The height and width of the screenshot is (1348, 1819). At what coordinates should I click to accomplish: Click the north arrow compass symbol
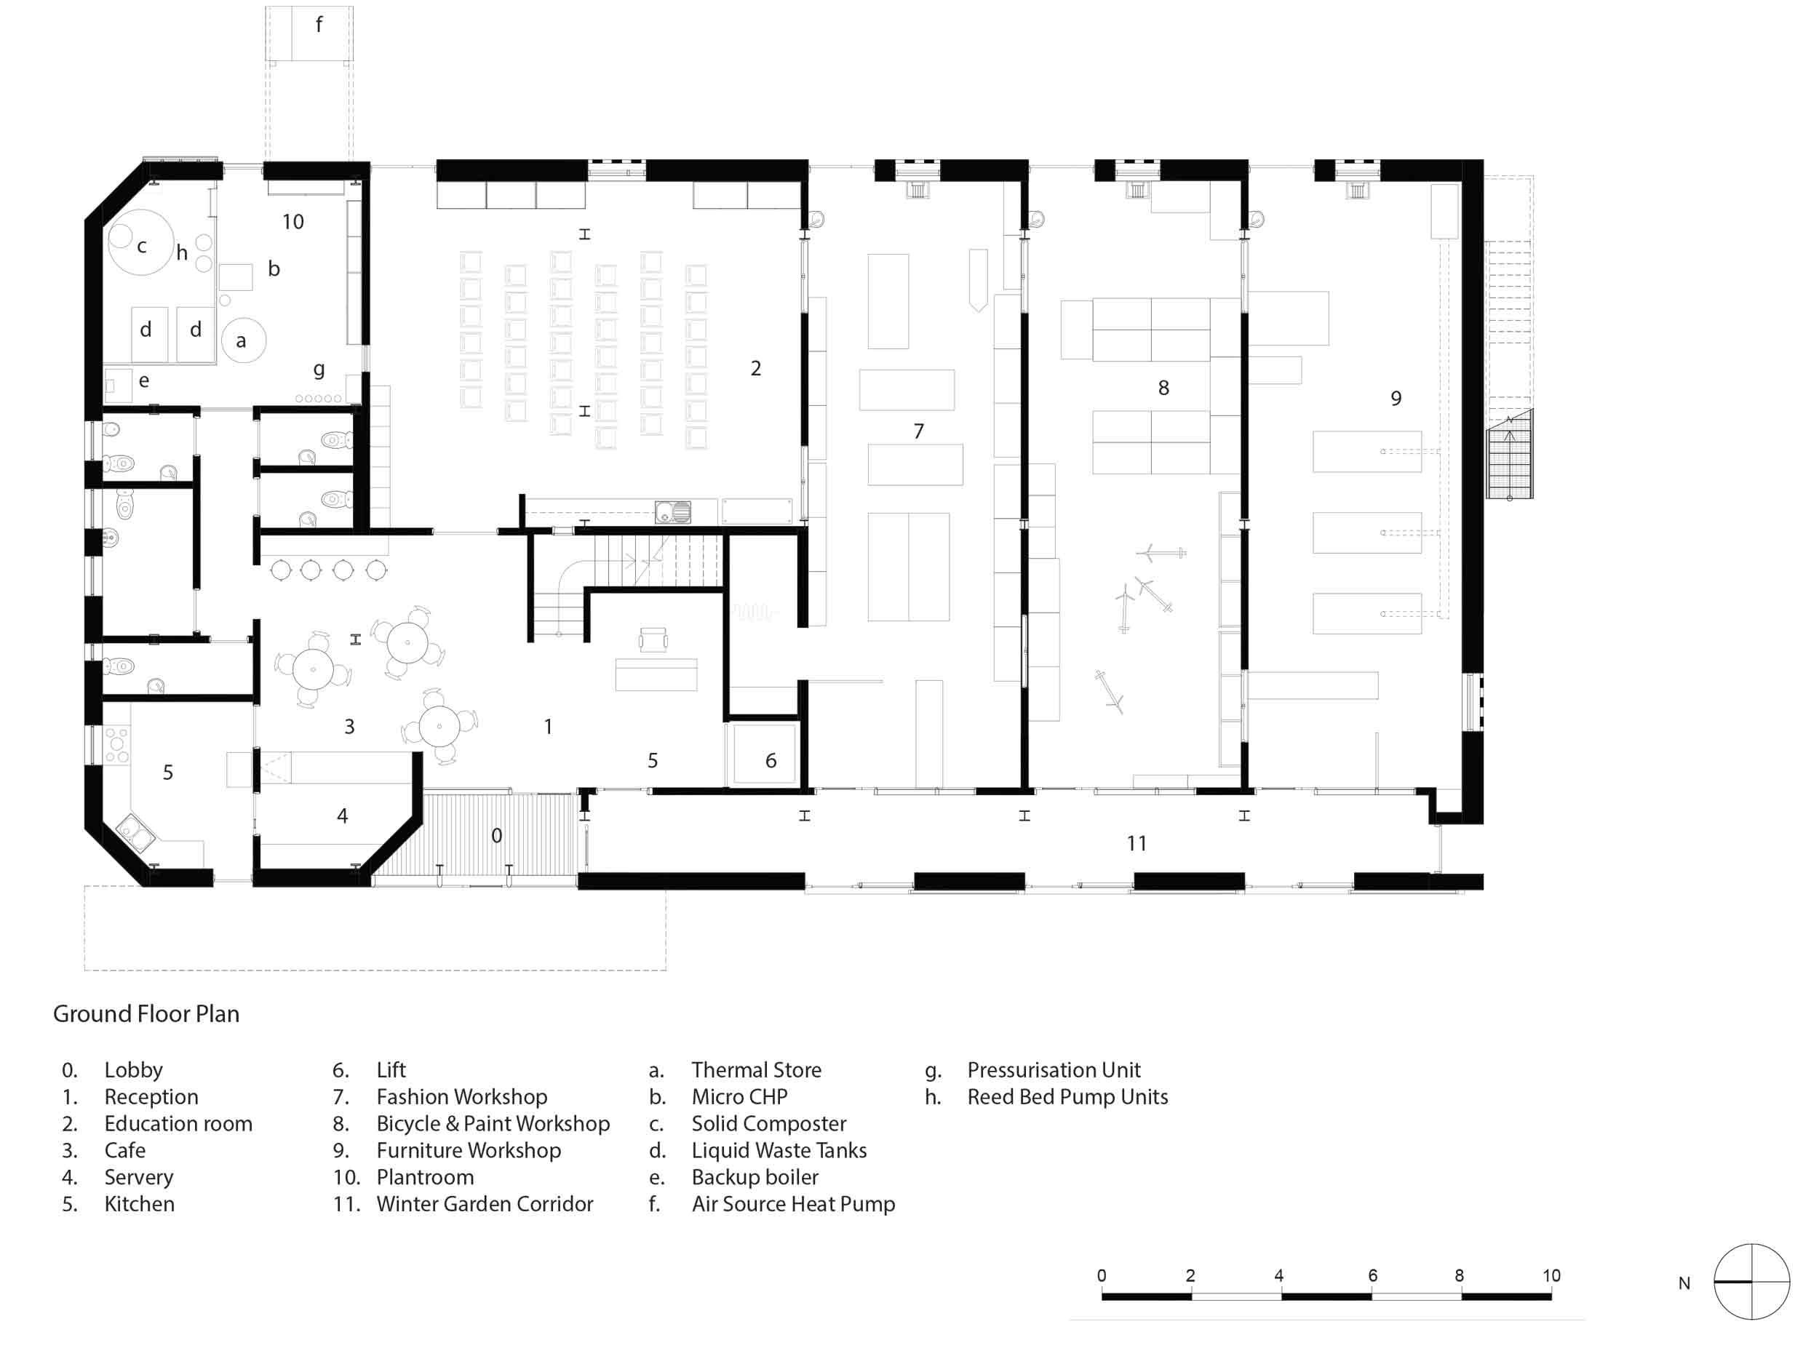point(1751,1282)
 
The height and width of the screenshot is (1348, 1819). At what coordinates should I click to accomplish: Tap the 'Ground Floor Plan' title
point(146,1014)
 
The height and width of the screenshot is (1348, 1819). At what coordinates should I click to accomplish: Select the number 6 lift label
point(771,760)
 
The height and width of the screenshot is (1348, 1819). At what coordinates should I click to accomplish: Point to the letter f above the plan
point(319,25)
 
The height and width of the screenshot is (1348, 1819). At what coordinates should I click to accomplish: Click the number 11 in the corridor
point(1137,843)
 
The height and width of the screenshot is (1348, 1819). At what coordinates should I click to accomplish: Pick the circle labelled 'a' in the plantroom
point(243,340)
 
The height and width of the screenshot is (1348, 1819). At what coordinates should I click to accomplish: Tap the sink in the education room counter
point(673,512)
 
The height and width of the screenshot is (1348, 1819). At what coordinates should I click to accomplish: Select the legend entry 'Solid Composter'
point(769,1124)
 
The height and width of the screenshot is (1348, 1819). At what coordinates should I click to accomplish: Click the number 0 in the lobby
point(496,836)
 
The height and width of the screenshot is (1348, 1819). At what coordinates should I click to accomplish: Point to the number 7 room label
point(919,431)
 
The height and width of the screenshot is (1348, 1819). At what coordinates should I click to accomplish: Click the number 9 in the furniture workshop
point(1396,398)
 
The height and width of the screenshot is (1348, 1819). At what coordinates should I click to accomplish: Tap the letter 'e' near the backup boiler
point(143,380)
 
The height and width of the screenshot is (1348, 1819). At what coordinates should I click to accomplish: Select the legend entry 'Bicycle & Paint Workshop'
point(493,1124)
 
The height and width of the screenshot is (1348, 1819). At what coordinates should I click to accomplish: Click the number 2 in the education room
point(756,368)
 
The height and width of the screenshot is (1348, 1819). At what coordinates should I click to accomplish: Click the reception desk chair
point(653,639)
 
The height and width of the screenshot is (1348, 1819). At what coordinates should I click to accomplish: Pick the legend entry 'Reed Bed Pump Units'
point(1067,1097)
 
